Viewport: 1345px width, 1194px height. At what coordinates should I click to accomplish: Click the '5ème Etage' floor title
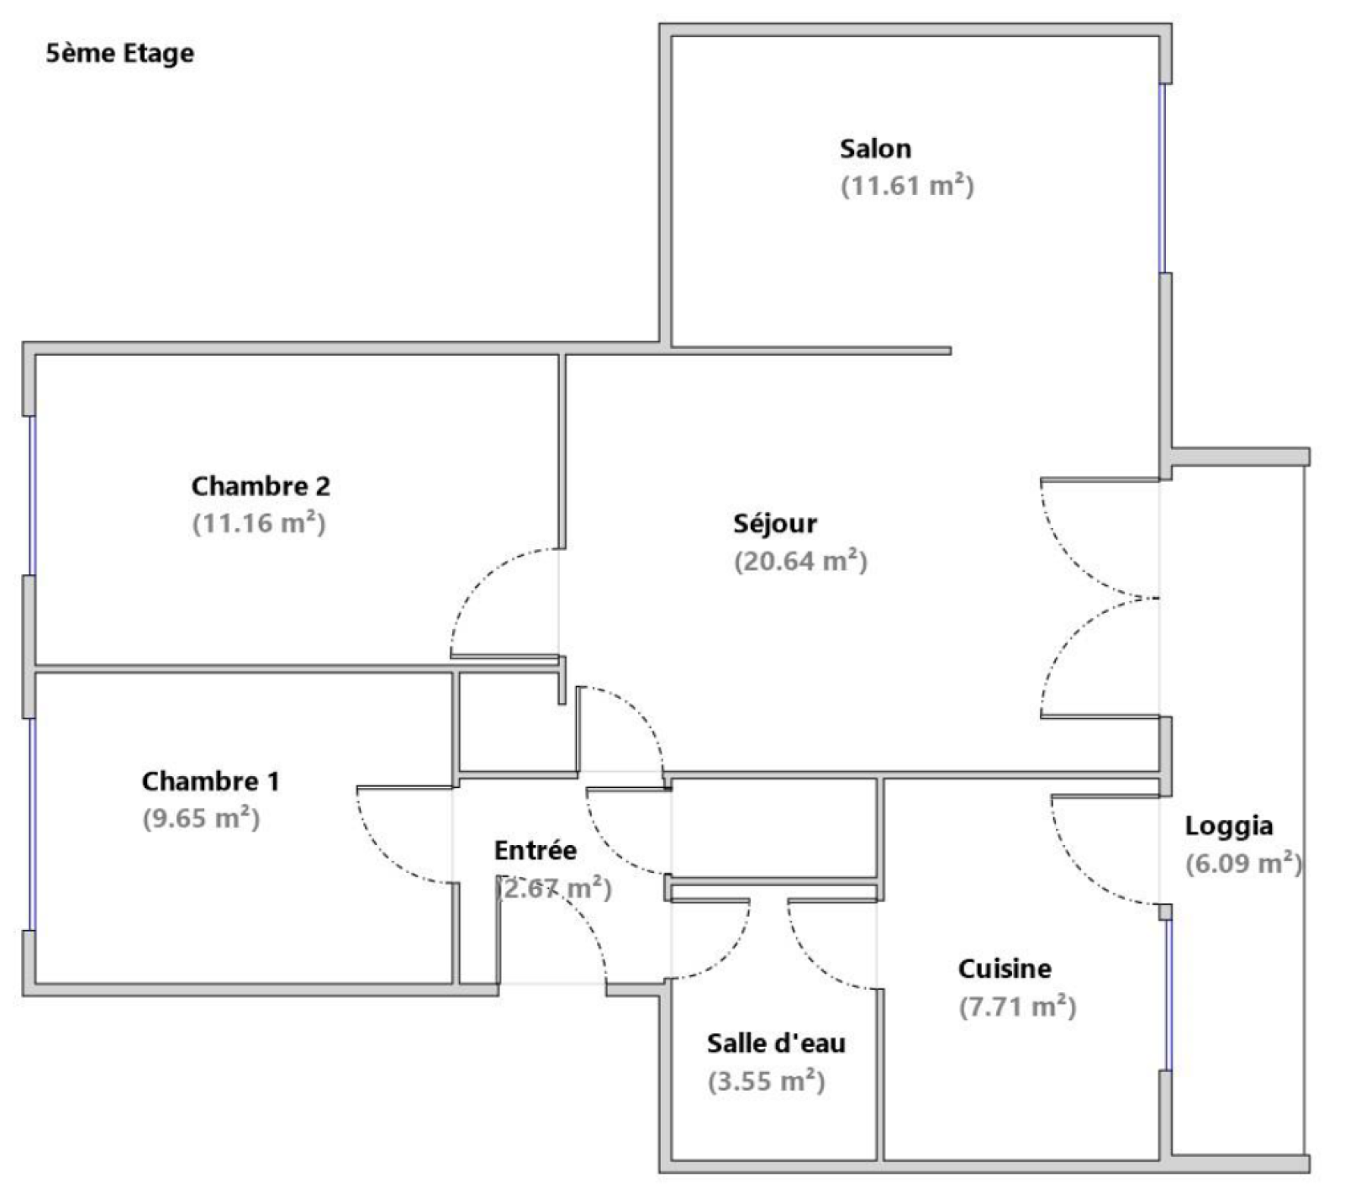[119, 54]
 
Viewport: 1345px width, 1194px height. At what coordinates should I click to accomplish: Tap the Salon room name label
[875, 149]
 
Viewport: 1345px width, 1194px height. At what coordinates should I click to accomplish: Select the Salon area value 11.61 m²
[907, 186]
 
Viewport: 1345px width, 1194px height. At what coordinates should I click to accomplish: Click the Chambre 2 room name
[261, 486]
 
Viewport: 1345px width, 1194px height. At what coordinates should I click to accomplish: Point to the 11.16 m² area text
[259, 523]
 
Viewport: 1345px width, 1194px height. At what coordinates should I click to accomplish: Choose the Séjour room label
[775, 524]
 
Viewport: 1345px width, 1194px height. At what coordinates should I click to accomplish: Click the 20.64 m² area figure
[800, 561]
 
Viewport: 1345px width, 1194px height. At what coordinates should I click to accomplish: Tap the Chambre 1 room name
[210, 781]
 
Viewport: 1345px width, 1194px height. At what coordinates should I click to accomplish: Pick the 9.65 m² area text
[201, 818]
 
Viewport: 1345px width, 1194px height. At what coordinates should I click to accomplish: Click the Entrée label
[535, 850]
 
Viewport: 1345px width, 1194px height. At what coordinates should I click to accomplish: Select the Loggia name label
[1228, 826]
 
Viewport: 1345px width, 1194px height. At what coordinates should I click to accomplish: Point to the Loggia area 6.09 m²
[1243, 864]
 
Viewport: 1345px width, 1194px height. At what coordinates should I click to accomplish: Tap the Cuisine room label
[1005, 969]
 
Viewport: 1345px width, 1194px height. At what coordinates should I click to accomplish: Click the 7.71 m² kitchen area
[1017, 1006]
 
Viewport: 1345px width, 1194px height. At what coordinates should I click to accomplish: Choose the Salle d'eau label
[776, 1043]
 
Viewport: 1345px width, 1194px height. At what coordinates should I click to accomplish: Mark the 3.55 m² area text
[766, 1080]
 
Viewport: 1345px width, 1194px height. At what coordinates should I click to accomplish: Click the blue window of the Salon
[1163, 177]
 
